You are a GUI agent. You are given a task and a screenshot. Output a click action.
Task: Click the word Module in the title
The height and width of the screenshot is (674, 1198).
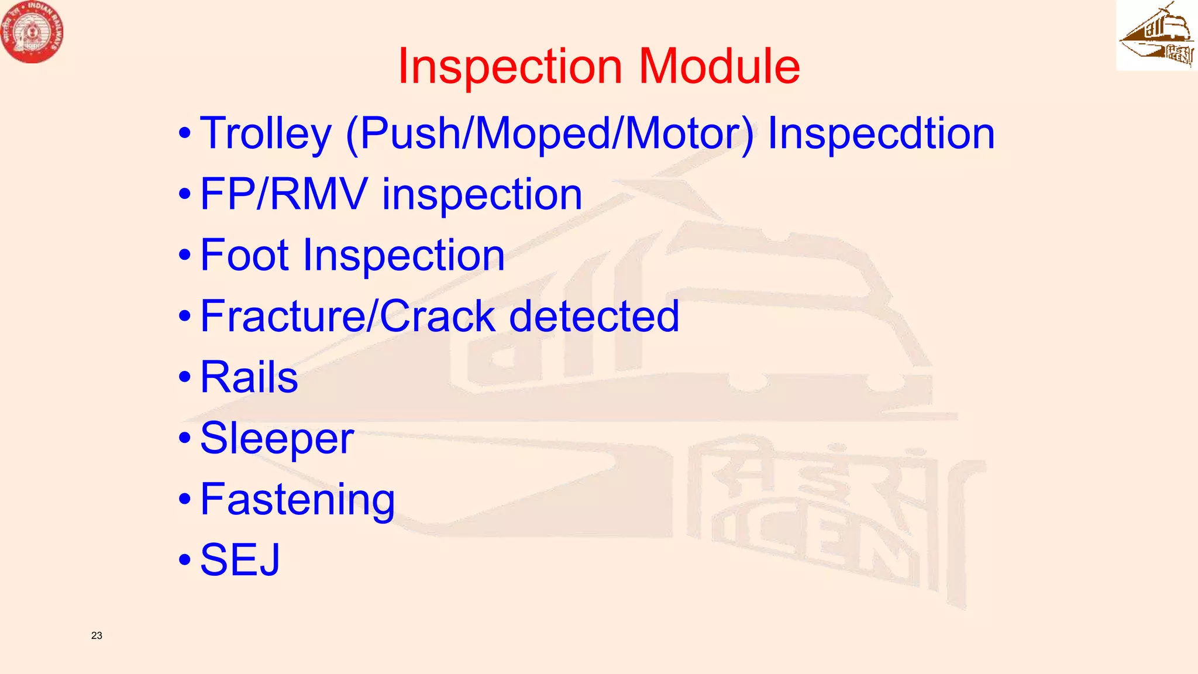coord(719,66)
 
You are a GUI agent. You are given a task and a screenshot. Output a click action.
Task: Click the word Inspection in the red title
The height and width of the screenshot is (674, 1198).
coord(510,66)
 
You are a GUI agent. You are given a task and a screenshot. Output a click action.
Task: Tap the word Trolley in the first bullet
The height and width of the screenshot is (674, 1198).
coord(266,134)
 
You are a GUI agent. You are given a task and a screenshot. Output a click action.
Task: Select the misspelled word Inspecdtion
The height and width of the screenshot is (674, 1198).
coord(881,134)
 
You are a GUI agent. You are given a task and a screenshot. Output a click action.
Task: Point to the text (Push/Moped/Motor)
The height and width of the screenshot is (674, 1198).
coord(550,134)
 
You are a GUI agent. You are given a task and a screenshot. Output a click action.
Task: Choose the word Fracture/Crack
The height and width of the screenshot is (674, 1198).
coord(349,316)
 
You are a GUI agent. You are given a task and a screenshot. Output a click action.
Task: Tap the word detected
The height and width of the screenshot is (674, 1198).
coord(594,316)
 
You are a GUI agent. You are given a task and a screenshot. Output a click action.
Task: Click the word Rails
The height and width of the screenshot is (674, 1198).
coord(249,377)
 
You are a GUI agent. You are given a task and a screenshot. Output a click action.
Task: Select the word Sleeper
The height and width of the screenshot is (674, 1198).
coord(277,438)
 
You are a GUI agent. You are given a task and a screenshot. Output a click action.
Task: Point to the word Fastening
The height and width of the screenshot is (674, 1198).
coord(298,499)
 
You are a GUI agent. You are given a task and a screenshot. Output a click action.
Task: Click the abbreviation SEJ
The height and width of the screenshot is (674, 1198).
coord(240,560)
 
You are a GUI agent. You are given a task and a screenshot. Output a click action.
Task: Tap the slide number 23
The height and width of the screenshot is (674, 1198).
coord(97,635)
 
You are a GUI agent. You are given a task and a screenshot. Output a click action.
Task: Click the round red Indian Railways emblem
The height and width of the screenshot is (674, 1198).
coord(32,32)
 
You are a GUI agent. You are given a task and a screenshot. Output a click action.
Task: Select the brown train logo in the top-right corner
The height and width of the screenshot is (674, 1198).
coord(1156,35)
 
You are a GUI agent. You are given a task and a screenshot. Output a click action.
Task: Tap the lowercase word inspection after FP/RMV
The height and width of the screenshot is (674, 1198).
coord(482,194)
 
